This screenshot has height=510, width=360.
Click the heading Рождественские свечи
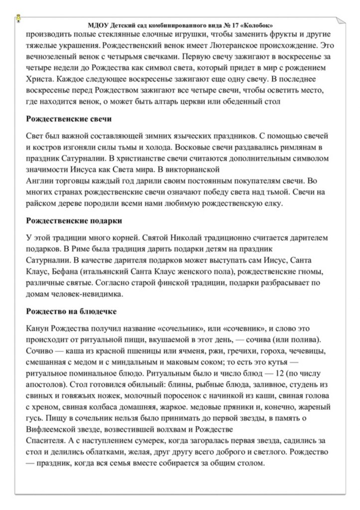68,120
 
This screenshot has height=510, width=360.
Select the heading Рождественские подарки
74,220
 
